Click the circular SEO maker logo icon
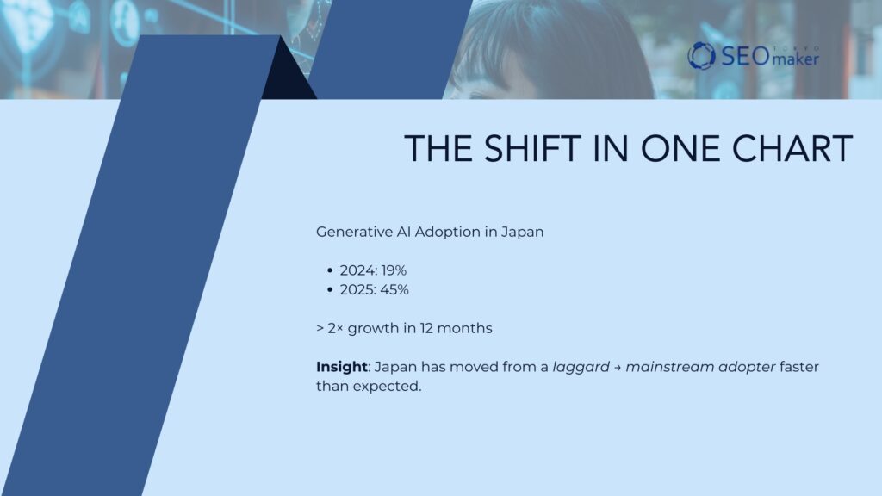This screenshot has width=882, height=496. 701,56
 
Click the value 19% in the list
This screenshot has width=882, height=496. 394,270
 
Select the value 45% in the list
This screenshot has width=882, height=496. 394,289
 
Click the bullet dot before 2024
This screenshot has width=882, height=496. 330,271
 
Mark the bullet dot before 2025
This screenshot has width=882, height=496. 330,290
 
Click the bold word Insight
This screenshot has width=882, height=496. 341,367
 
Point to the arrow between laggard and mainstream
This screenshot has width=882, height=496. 617,368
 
